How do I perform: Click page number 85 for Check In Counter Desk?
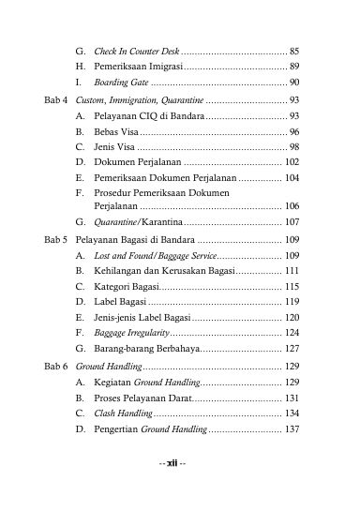click(294, 50)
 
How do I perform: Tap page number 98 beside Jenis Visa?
click(294, 148)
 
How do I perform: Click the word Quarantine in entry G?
click(115, 222)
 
